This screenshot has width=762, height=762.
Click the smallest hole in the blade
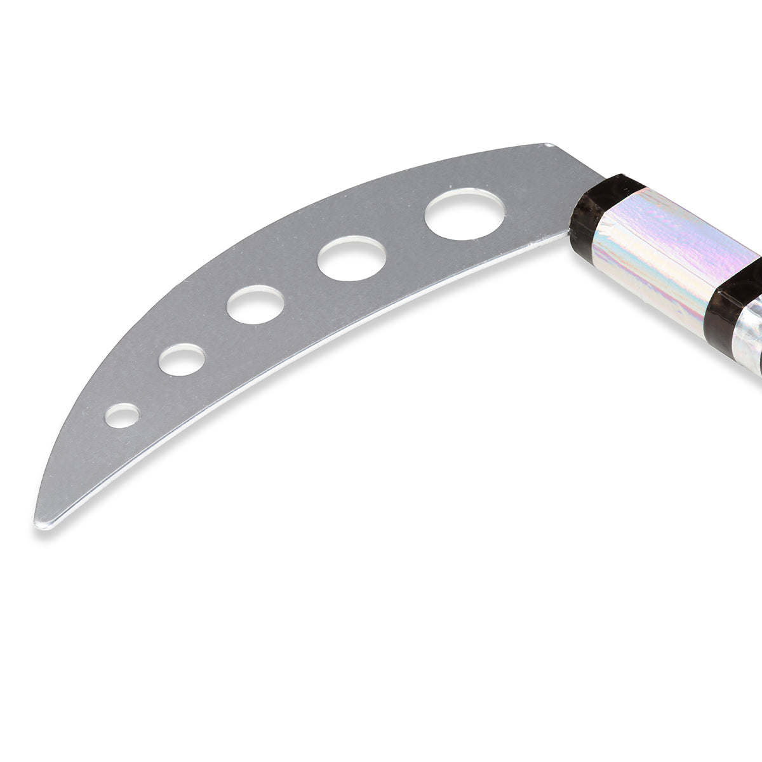click(x=122, y=416)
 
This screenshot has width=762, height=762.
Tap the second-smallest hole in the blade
click(x=182, y=359)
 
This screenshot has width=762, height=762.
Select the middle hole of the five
click(x=255, y=305)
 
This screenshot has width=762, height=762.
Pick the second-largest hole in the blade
click(x=351, y=258)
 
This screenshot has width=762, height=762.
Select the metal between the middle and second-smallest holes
click(x=216, y=333)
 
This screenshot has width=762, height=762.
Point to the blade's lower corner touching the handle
click(x=567, y=233)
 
